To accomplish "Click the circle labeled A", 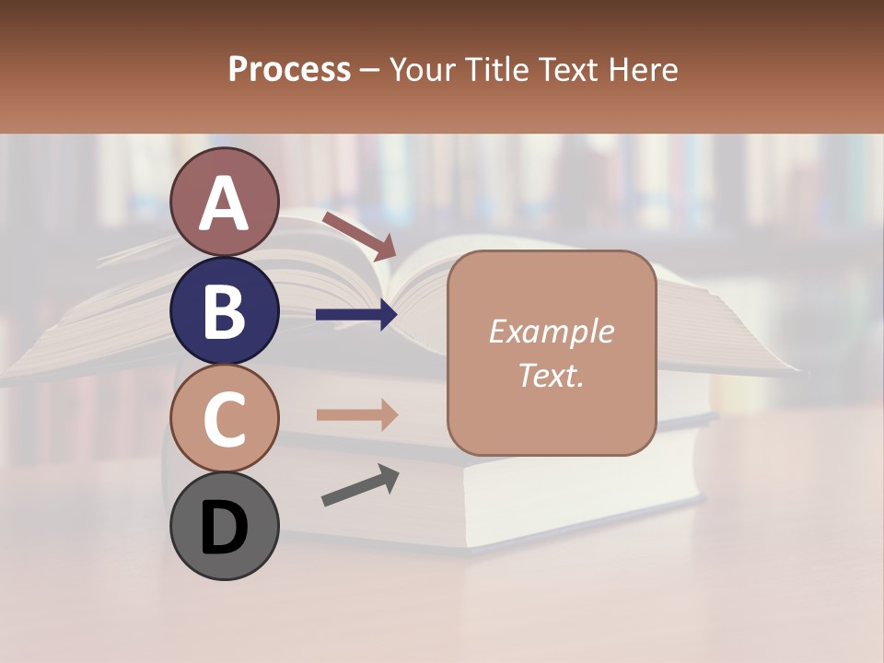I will tap(225, 202).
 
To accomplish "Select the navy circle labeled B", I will tap(225, 310).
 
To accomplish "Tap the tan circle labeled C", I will tap(225, 418).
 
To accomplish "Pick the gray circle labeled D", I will tap(225, 527).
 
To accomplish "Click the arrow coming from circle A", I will tap(358, 236).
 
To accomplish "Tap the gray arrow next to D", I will tap(360, 485).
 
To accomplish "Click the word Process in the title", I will tap(289, 70).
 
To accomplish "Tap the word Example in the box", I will tap(551, 331).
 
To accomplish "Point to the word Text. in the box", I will tap(551, 375).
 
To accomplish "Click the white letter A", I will tap(225, 204).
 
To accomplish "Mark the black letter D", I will tap(225, 528).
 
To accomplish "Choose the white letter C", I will tap(225, 419).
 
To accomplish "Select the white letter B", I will tap(225, 311).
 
